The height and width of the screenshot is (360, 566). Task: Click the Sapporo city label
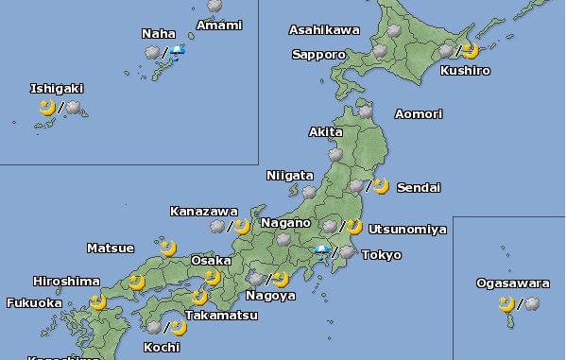tap(318, 55)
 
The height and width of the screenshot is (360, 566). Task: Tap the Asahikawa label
tap(324, 30)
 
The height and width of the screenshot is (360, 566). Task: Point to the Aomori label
tap(418, 114)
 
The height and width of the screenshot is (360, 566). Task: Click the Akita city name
tap(326, 132)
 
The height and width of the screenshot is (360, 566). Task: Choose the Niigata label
tap(289, 176)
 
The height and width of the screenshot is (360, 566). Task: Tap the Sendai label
tap(418, 188)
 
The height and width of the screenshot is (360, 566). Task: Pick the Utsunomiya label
tap(407, 229)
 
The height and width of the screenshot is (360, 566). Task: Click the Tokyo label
tap(381, 255)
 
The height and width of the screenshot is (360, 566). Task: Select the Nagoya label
tap(270, 296)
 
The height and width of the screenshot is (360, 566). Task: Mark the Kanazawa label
tap(204, 211)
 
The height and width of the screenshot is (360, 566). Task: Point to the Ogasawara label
tap(512, 283)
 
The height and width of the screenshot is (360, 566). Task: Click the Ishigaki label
tap(57, 89)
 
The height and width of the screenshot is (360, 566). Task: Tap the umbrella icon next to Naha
tap(178, 52)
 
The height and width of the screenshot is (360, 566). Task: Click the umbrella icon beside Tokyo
tap(323, 252)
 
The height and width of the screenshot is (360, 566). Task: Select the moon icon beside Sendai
tap(380, 186)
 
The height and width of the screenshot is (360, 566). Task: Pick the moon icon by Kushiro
tap(470, 51)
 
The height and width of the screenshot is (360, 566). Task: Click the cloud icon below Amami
tap(215, 6)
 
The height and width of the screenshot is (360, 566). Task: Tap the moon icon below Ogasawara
tap(507, 303)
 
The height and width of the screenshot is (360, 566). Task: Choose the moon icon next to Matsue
tap(168, 249)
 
